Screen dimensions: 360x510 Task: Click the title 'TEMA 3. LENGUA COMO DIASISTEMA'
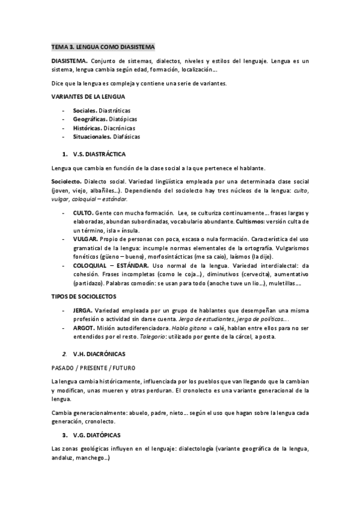pyautogui.click(x=103, y=46)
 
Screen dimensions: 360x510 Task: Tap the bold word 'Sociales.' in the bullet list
pyautogui.click(x=84, y=111)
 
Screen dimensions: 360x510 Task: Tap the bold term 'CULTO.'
pyautogui.click(x=83, y=214)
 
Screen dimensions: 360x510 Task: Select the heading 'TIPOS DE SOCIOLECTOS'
pyautogui.click(x=84, y=296)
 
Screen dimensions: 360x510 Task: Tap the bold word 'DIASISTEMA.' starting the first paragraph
pyautogui.click(x=70, y=61)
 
